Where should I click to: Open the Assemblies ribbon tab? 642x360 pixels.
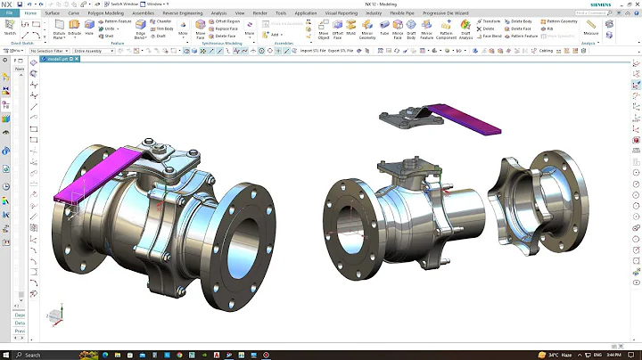[143, 14]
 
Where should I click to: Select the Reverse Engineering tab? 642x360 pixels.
[183, 14]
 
